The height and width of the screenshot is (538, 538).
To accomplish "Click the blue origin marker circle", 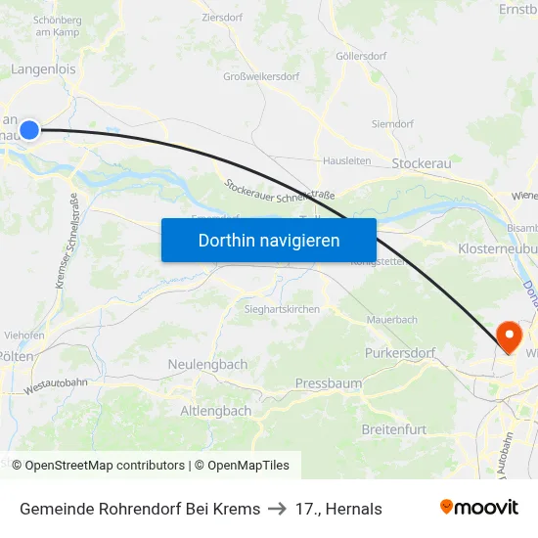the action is pos(29,130).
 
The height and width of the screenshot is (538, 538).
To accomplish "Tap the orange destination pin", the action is pos(509,336).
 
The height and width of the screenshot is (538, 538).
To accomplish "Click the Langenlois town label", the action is pos(43,69).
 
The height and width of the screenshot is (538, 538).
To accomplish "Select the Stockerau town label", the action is pos(421,163).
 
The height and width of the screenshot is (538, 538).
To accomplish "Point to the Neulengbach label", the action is pos(207,364).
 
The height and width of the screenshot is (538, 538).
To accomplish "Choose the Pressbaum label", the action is pos(328,383).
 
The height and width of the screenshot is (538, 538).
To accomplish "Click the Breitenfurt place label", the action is pos(394,429).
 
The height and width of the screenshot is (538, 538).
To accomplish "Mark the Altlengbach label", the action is pos(215,411).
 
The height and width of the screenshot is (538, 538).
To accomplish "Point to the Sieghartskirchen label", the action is pos(281,308).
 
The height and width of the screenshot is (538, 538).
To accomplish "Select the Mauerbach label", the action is pos(391,320).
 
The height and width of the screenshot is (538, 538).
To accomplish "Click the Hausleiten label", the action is pos(346,160).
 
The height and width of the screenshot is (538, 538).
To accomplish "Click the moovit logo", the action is pos(478,508).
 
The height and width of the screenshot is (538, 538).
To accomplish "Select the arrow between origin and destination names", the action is pos(278,509).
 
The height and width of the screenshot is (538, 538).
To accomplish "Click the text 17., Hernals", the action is pos(338,509).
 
